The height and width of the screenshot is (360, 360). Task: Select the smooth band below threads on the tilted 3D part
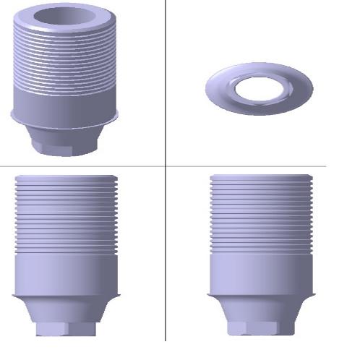[65, 101]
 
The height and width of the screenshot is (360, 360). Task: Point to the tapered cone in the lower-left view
[65, 311]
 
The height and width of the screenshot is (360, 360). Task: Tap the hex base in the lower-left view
[65, 330]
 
